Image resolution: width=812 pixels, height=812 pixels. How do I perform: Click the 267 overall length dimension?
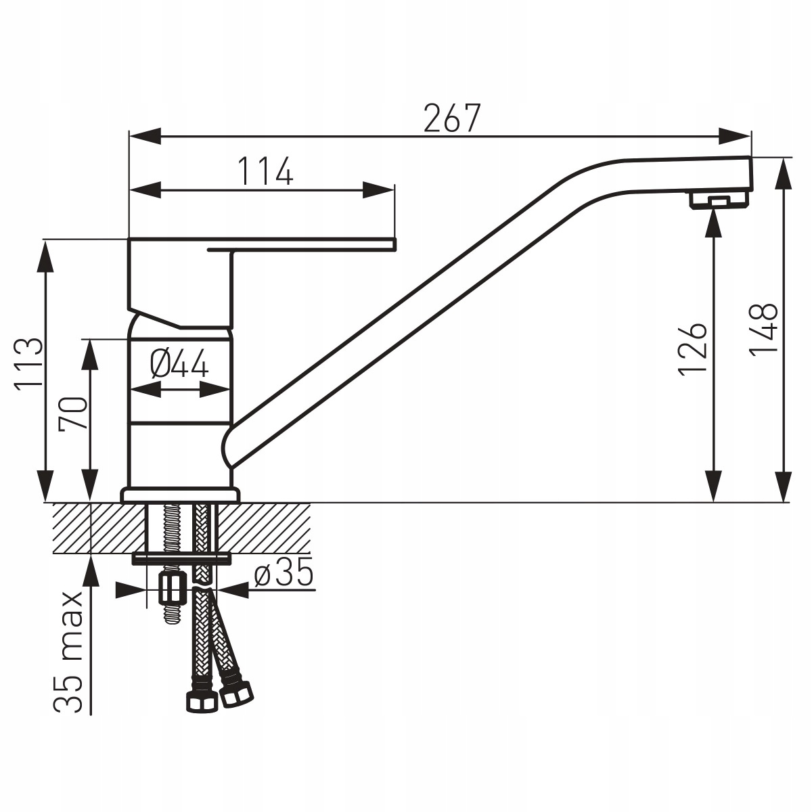point(452,118)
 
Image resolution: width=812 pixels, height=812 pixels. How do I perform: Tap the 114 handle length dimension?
point(265,171)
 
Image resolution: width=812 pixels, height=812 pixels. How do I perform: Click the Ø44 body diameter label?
point(179,363)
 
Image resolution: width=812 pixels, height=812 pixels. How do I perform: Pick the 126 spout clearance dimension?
point(692,348)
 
